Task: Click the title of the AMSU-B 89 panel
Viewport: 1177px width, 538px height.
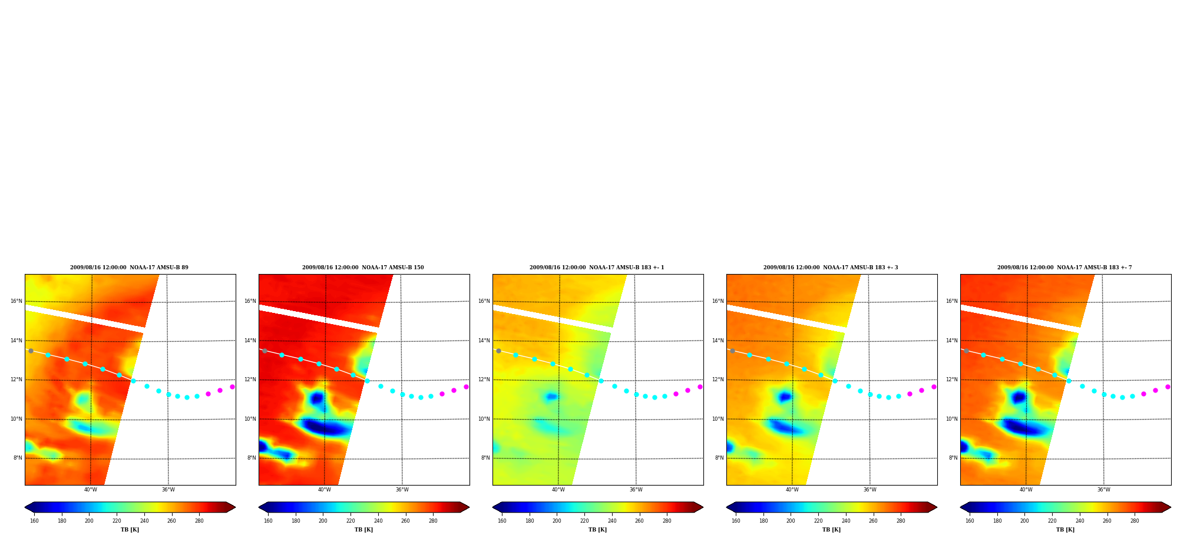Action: click(x=129, y=268)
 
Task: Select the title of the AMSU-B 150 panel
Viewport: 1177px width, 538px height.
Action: click(x=363, y=268)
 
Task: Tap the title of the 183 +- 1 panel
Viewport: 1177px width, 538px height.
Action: click(x=597, y=268)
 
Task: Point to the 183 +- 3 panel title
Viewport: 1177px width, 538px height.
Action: click(x=831, y=268)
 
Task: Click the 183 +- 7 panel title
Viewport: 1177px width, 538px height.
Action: click(x=1064, y=268)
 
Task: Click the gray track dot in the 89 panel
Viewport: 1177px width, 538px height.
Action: click(x=31, y=351)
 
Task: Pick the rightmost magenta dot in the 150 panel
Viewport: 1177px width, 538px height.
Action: click(x=466, y=387)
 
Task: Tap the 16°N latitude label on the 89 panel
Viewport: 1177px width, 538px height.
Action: click(x=16, y=301)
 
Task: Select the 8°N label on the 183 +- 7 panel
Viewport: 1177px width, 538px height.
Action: click(x=953, y=458)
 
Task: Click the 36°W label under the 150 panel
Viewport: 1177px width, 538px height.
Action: click(x=402, y=490)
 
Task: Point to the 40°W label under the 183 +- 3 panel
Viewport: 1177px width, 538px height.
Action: click(x=792, y=490)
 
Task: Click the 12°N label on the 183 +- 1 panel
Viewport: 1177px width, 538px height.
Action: click(x=484, y=379)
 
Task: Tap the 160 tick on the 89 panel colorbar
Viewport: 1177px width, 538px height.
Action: click(x=34, y=520)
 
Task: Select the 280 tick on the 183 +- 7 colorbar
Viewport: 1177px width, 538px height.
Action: click(x=1135, y=520)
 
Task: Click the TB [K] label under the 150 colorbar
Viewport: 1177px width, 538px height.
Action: click(x=363, y=530)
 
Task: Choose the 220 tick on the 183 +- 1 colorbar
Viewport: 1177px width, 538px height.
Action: click(x=584, y=520)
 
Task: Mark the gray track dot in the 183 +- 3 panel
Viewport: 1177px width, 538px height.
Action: click(x=732, y=351)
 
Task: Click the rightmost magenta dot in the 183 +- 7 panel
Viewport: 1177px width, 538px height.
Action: click(x=1168, y=387)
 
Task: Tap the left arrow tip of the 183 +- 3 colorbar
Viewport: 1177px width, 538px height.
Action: click(x=727, y=507)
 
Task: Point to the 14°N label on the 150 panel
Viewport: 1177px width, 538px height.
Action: click(x=250, y=341)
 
